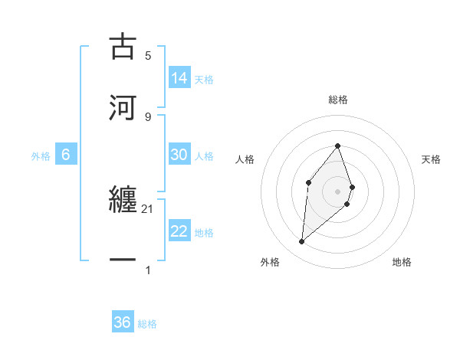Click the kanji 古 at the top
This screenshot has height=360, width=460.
(123, 47)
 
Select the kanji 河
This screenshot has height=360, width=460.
(123, 107)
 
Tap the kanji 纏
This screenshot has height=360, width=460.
(123, 201)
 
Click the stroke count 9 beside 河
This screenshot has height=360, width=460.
(148, 116)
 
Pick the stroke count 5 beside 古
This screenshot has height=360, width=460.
(148, 55)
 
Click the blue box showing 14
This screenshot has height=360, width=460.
(179, 78)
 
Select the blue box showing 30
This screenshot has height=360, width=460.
(179, 155)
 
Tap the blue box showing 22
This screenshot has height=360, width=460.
(179, 231)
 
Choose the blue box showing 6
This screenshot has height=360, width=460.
(66, 155)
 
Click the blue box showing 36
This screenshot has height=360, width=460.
(123, 322)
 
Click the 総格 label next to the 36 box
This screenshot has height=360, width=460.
(147, 324)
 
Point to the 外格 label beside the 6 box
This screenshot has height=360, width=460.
(41, 156)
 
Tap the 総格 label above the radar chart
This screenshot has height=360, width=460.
(338, 100)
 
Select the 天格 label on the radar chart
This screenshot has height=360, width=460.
(431, 159)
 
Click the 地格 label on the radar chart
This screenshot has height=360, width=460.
(402, 262)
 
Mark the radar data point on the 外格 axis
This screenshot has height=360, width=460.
(301, 242)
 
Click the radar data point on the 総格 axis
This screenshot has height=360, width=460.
(338, 146)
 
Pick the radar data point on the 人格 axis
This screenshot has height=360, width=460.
(308, 182)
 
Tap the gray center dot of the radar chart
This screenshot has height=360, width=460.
(338, 191)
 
